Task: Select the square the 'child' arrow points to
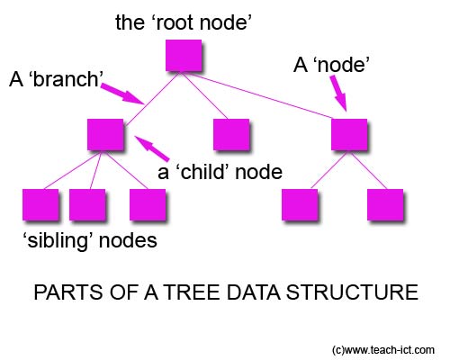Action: pos(105,134)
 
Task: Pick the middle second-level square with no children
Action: pos(230,134)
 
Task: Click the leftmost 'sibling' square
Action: pos(39,205)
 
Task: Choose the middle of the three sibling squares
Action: pos(88,205)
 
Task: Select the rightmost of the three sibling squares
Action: pos(147,205)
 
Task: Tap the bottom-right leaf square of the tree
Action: pos(385,205)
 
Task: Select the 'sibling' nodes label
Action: pos(88,240)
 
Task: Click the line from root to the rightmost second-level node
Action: pos(270,94)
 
